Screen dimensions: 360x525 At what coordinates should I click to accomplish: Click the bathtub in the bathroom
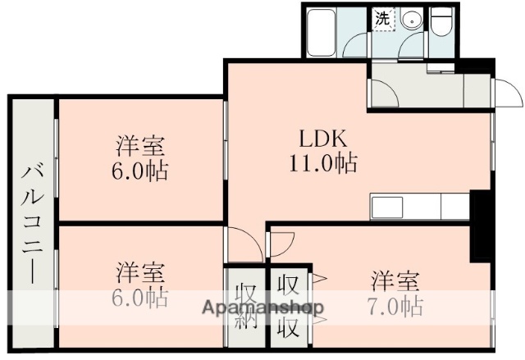pyautogui.click(x=322, y=32)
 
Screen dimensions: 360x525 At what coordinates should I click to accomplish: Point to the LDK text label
pyautogui.click(x=322, y=137)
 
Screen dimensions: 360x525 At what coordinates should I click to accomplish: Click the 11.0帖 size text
pyautogui.click(x=322, y=163)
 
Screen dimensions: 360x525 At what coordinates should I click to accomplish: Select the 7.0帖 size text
pyautogui.click(x=395, y=308)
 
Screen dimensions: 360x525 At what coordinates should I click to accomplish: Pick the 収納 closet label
pyautogui.click(x=245, y=304)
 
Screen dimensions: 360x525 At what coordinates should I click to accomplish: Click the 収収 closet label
pyautogui.click(x=286, y=304)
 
